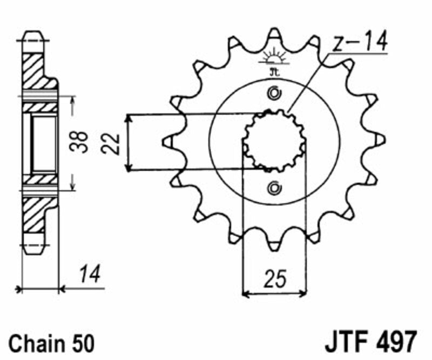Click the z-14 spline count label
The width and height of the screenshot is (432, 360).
(360, 42)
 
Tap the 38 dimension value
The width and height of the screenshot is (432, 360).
(82, 143)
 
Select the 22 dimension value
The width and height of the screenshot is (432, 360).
(111, 143)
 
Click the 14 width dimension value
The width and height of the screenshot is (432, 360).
(90, 275)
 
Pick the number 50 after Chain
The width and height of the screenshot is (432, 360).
(82, 343)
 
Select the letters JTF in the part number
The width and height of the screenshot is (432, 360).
(345, 342)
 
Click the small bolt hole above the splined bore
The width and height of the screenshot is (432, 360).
(274, 94)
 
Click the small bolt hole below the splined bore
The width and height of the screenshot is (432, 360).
(274, 188)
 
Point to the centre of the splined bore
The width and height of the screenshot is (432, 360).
(274, 141)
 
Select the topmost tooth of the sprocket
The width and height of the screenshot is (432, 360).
(274, 36)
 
